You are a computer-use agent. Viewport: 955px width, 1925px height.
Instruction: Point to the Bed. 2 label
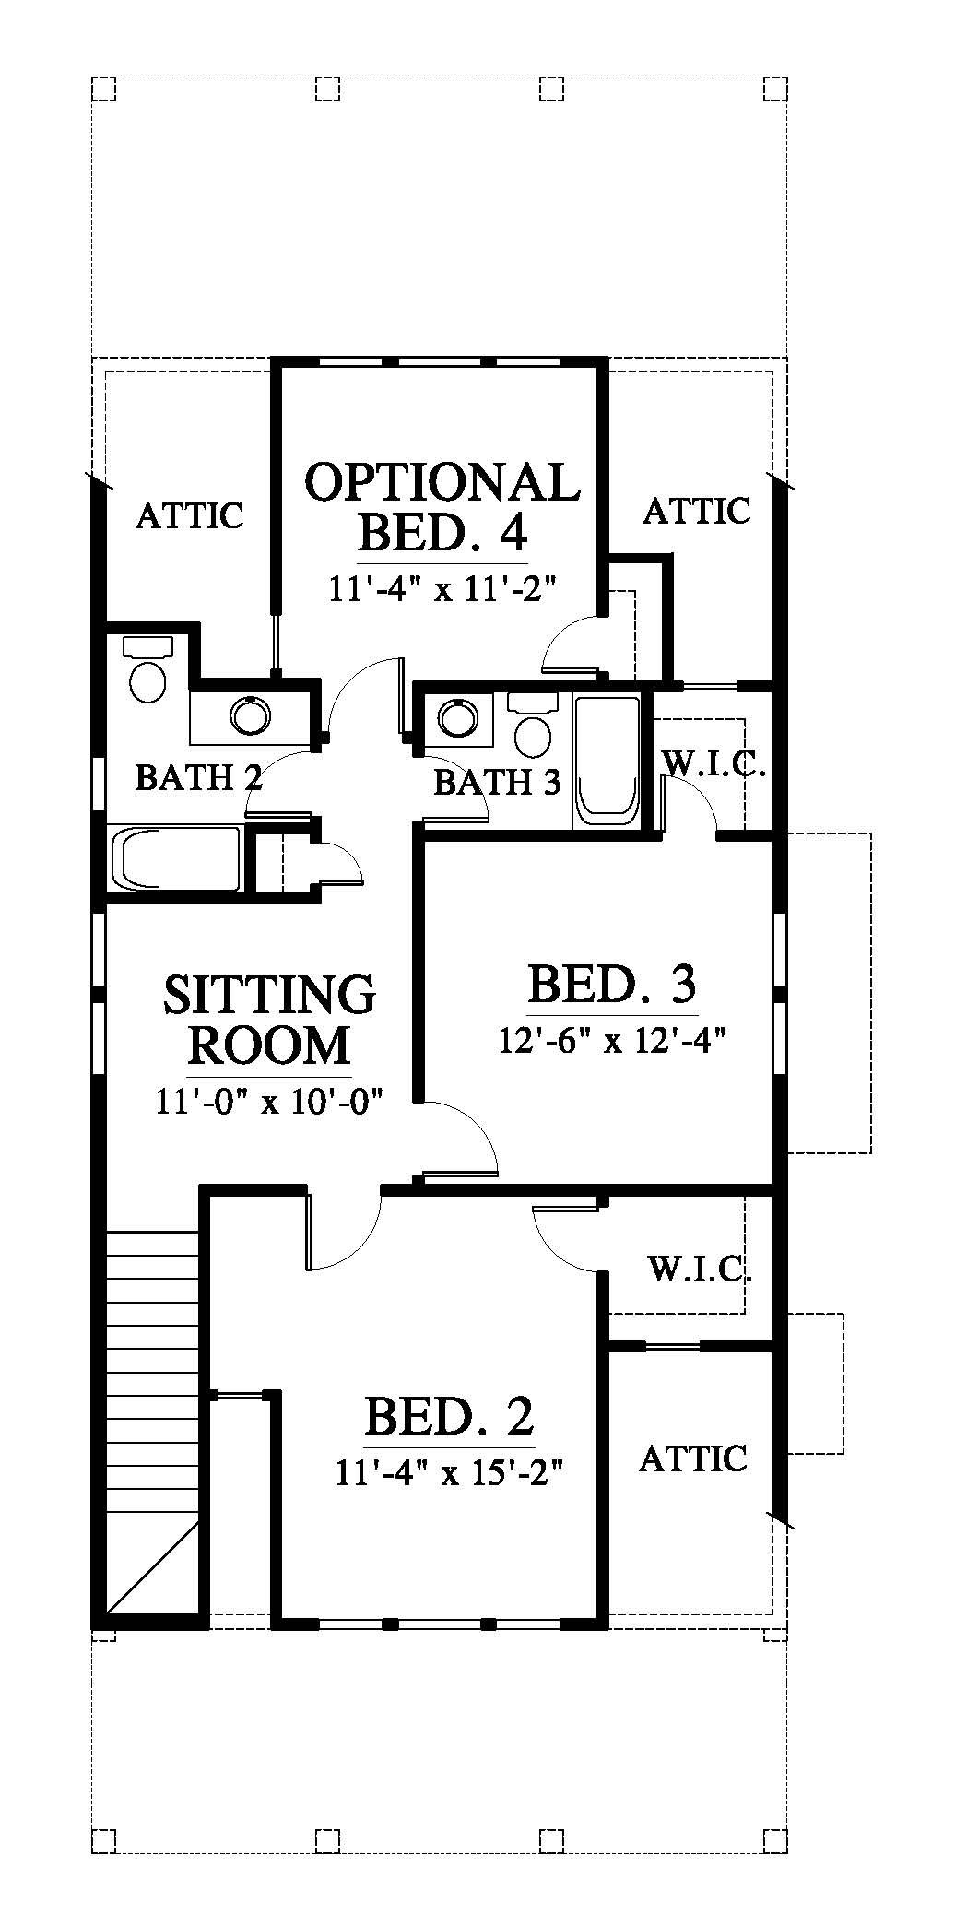[449, 1416]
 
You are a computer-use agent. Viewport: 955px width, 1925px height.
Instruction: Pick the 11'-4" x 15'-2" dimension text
[449, 1472]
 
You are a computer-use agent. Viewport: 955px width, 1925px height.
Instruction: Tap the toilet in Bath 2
[147, 668]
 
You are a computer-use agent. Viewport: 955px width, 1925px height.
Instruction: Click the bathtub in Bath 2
[175, 859]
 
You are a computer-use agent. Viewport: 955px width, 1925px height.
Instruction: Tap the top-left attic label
[190, 515]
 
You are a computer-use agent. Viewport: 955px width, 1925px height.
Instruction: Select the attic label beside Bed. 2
[693, 1459]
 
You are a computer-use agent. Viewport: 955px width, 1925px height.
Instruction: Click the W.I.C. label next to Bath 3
[714, 764]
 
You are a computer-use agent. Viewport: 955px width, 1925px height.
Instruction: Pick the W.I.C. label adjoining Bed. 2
[701, 1270]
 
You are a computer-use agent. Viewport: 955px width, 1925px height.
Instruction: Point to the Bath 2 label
[199, 778]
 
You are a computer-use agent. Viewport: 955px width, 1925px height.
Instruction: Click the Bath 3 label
[497, 783]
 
